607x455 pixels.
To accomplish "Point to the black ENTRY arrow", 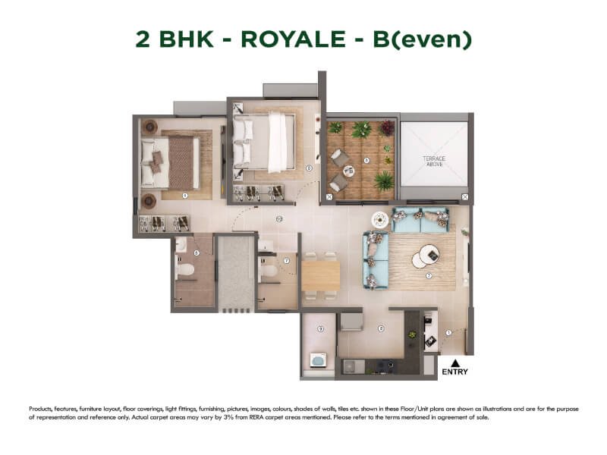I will click(455, 362).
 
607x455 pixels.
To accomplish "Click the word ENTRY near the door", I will click(455, 372).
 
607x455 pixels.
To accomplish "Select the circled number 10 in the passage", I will click(279, 219).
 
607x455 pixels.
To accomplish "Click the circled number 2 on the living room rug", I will click(429, 275).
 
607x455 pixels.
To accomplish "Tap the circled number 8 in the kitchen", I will click(381, 328).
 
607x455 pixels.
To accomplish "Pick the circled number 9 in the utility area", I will click(321, 328).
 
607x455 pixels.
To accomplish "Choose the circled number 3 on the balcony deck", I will click(366, 161).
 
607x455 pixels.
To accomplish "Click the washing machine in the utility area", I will click(319, 360).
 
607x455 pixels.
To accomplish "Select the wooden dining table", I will click(321, 275).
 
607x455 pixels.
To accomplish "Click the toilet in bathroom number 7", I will click(269, 270).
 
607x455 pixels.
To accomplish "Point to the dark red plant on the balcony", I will click(388, 127).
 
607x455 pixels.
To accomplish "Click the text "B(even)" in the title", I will click(424, 39).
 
